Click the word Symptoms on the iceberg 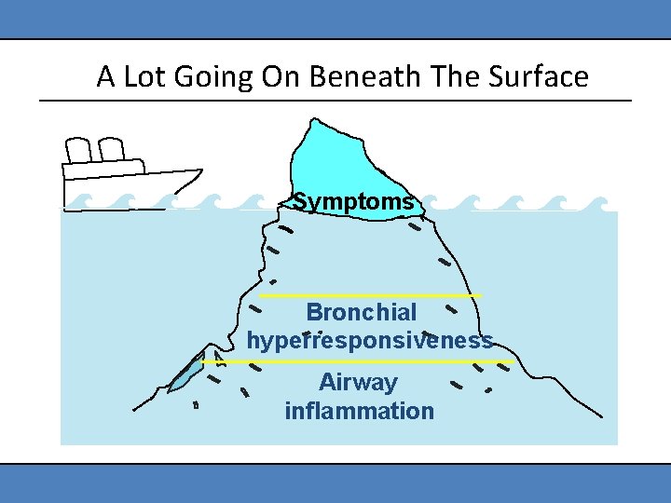click(353, 202)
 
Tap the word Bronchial click(362, 312)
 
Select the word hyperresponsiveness click(370, 341)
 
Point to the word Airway click(358, 383)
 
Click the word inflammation click(360, 411)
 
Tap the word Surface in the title click(541, 76)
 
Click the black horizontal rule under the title click(335, 101)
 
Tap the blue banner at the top click(335, 19)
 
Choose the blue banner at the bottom click(335, 483)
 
